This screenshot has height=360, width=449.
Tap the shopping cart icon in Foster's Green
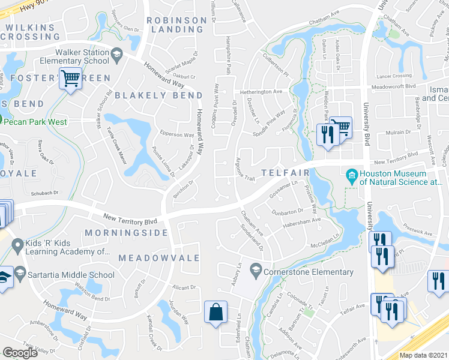71,79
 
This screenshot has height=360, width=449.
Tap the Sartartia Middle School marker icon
20,275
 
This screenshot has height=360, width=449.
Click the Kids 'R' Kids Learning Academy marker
17,245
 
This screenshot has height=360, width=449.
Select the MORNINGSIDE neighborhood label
126,232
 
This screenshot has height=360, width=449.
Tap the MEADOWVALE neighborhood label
150,257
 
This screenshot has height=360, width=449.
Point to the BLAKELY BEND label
150,95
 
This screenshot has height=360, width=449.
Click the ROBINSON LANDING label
176,25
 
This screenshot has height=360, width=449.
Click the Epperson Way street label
176,135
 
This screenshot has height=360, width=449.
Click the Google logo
20,352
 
